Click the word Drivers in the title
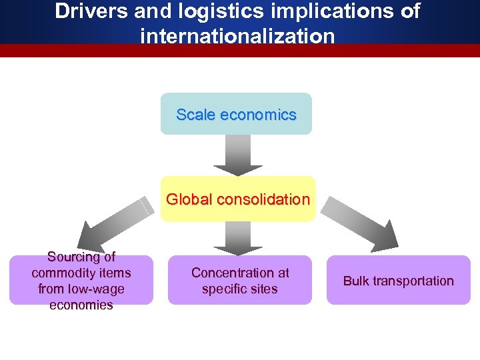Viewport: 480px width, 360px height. [x=91, y=11]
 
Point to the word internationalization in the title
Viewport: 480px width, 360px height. [x=237, y=35]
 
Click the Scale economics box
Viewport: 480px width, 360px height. [x=236, y=114]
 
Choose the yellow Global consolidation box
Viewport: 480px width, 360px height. [x=238, y=199]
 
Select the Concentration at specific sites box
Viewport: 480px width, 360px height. [x=240, y=281]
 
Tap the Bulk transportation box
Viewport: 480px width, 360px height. [x=398, y=281]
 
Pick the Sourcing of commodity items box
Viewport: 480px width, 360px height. [x=81, y=281]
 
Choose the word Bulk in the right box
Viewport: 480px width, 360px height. [x=357, y=281]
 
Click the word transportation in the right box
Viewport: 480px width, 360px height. [x=413, y=281]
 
